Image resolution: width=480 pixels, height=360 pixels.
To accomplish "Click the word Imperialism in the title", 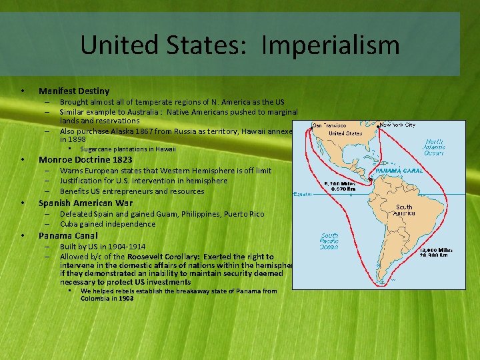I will pos(331,45).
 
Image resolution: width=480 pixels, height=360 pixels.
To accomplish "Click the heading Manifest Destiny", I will pos(74,91).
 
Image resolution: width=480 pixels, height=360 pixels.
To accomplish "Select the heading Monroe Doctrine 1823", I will pos(85,160).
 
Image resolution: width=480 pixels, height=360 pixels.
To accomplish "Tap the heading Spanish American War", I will pos(85,203).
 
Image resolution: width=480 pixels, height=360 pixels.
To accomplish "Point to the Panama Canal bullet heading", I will pos(68,235).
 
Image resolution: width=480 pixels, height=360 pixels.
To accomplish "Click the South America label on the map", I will pos(403,211).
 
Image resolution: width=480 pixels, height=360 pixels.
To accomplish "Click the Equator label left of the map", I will pos(304,195).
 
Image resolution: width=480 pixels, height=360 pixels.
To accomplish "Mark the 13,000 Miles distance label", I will pos(434,252).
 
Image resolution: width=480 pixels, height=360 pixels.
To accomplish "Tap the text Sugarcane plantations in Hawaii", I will pos(128,149).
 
